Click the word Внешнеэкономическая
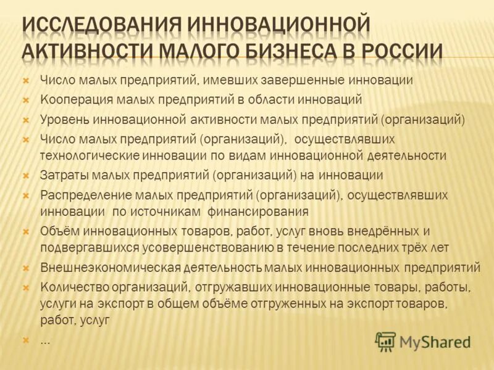click(110, 268)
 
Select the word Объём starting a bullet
click(59, 231)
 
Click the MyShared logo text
click(435, 341)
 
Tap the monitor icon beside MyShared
click(386, 341)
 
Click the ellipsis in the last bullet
click(45, 340)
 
